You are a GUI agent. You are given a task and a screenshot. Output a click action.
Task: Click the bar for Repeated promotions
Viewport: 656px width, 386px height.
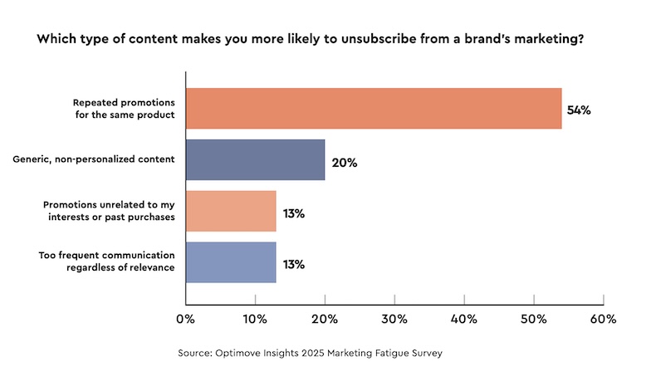[x=373, y=109]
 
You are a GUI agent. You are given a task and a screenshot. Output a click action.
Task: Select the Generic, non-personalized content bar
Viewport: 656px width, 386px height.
[x=255, y=160]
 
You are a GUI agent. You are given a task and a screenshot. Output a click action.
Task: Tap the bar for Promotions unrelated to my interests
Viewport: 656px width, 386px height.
[x=230, y=212]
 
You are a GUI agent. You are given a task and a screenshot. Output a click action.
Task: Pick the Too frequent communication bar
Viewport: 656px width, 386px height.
[x=230, y=263]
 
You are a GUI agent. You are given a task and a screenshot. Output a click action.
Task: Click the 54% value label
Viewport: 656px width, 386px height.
[x=578, y=110]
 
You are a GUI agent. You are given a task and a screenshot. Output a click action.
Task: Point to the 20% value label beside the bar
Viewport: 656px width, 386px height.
[x=344, y=162]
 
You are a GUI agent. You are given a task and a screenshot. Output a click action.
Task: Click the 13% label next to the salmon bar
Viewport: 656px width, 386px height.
[x=294, y=213]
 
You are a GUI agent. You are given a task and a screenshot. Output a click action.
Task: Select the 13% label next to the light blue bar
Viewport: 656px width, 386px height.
[x=294, y=265]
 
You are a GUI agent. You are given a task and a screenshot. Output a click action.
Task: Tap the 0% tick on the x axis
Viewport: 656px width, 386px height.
[x=185, y=319]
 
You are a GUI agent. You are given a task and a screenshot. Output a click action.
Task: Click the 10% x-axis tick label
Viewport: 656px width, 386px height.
[x=254, y=319]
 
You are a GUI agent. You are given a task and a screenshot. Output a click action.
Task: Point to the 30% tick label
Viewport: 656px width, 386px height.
[x=394, y=319]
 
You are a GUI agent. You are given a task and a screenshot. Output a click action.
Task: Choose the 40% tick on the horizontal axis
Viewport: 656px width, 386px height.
[x=463, y=319]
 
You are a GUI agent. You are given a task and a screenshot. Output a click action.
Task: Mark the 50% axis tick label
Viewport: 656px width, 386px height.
[x=533, y=319]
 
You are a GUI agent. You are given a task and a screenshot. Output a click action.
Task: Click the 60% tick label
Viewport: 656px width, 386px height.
[x=603, y=319]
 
